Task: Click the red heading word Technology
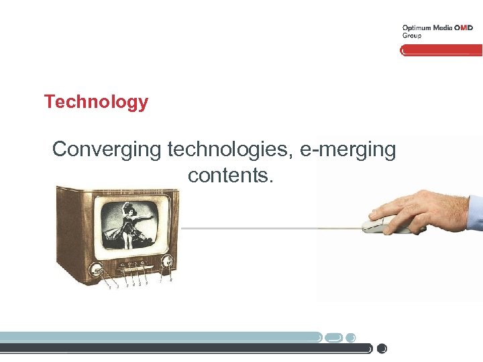click(96, 103)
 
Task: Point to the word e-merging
click(348, 149)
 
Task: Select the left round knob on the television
click(98, 271)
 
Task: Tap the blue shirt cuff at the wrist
click(475, 213)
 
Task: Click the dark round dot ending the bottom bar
click(382, 349)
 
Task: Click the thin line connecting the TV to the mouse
click(268, 229)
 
